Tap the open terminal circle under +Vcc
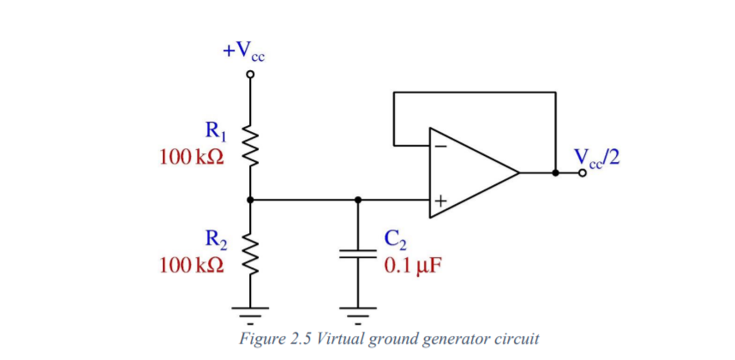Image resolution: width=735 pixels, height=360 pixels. (250, 75)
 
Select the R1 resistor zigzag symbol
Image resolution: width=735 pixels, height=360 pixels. (250, 146)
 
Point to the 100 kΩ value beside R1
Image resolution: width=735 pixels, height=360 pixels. (192, 158)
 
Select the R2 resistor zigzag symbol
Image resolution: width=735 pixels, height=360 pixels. (250, 252)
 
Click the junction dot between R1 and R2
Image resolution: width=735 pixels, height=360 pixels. (250, 200)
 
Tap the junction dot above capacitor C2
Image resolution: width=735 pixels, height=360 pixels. (357, 200)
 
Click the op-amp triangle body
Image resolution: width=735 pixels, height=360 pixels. (471, 173)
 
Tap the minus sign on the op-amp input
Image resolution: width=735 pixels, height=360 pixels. (439, 145)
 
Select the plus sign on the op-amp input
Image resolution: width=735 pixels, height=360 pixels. (439, 201)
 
